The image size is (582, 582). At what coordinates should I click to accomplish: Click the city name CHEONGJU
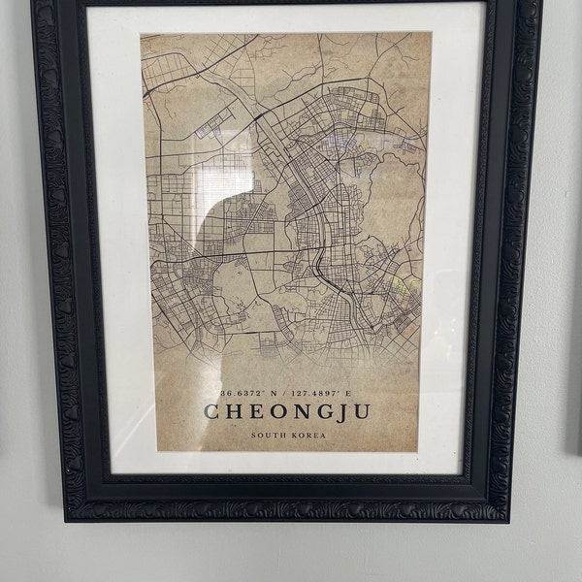(287, 410)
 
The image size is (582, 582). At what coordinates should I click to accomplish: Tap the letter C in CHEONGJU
(211, 411)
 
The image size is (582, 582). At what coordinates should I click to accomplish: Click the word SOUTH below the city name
(267, 436)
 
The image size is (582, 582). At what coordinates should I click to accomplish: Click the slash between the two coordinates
(282, 393)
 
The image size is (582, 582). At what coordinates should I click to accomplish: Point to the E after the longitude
(345, 393)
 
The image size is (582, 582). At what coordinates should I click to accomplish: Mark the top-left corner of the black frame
(35, 4)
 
